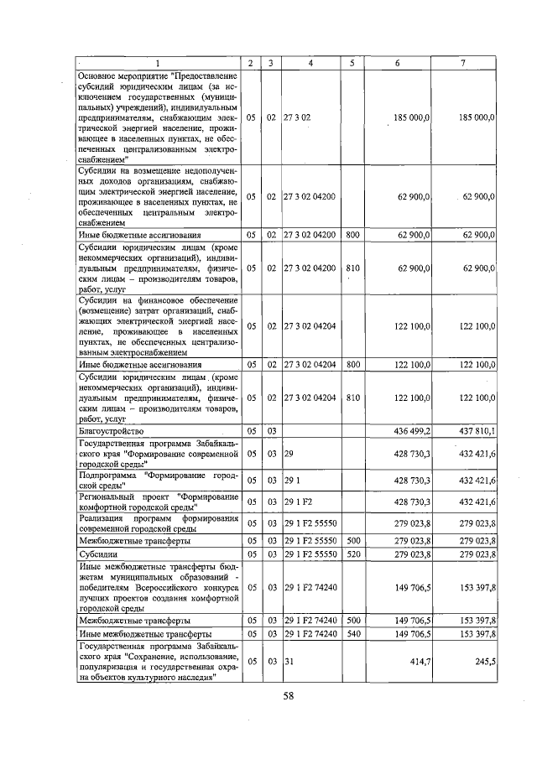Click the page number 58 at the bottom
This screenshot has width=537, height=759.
[x=288, y=696]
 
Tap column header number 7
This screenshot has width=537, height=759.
[x=464, y=64]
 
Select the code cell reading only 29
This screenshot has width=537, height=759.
[x=289, y=453]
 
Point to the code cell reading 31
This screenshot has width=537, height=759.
[x=289, y=662]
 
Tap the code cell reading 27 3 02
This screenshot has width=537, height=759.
[x=298, y=119]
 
